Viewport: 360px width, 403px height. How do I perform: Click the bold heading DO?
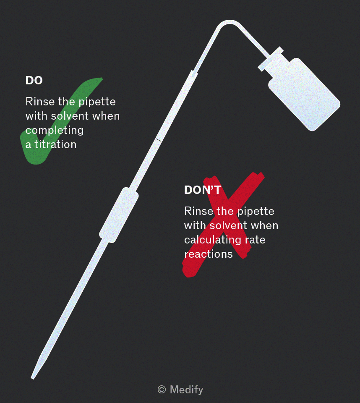coord(34,81)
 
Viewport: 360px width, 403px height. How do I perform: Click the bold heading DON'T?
coord(203,190)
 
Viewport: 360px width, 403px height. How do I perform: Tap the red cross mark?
coord(223,224)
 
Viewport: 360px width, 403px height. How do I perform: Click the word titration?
coord(55,144)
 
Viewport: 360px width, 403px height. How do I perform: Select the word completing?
coord(55,131)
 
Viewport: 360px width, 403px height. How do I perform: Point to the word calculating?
coord(213,240)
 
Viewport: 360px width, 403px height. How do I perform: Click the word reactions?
coord(209,254)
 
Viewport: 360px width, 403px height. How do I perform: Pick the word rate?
coord(255,240)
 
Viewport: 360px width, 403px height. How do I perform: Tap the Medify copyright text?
coord(180,390)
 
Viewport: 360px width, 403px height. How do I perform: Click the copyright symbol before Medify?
coord(162,390)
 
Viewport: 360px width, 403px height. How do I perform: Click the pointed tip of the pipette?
coord(32,378)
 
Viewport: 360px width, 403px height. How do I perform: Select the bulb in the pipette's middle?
coord(119,215)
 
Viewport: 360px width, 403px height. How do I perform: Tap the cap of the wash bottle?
coord(271,59)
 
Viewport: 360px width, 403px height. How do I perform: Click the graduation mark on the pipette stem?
coord(159,140)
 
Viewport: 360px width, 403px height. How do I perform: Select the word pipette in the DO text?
coord(97,102)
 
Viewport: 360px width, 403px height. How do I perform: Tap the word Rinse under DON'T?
coord(198,211)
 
